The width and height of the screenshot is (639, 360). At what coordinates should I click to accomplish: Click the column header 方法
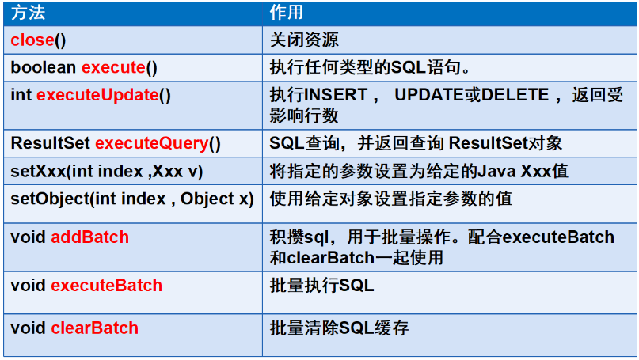(28, 13)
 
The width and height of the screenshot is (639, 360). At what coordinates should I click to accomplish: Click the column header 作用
(287, 13)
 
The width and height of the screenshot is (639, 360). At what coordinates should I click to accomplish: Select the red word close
(32, 40)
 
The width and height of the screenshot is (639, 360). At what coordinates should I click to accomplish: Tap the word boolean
(44, 67)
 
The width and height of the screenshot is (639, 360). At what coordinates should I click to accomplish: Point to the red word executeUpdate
(98, 95)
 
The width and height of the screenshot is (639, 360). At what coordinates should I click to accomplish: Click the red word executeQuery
(152, 143)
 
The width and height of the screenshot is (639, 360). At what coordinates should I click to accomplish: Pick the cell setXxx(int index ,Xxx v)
(107, 172)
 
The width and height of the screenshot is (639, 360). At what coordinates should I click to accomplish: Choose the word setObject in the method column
(50, 199)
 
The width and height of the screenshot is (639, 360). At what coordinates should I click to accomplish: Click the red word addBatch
(90, 237)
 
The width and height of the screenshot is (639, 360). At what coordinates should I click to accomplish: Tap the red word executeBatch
(107, 286)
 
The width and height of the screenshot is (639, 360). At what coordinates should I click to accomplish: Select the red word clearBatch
(94, 328)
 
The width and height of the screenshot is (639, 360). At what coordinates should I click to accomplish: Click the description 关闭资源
(304, 40)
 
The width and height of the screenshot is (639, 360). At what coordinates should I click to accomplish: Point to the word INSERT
(337, 95)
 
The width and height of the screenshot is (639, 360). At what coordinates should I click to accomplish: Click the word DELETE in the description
(515, 95)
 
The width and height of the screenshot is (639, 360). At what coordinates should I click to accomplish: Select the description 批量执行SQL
(322, 286)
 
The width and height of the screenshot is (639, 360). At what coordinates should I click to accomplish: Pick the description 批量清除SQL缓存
(339, 328)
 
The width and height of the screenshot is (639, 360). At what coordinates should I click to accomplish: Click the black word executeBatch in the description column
(558, 237)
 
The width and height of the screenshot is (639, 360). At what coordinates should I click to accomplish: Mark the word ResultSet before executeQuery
(50, 143)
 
